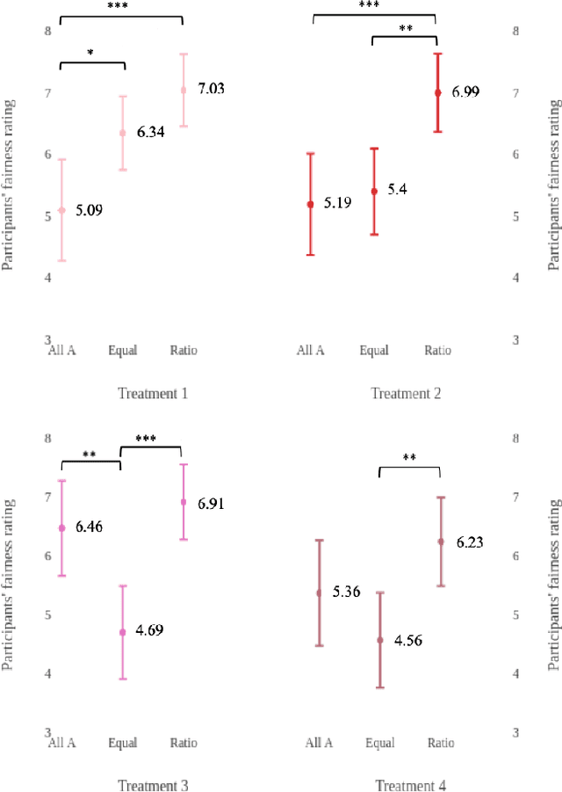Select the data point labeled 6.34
[123, 134]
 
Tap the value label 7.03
[210, 89]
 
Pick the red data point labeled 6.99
[437, 92]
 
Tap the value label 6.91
[211, 504]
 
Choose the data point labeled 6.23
[441, 542]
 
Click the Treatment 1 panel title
[153, 393]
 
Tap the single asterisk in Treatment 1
[91, 54]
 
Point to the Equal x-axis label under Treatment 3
[123, 743]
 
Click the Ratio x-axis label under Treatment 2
[437, 351]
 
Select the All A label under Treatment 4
[319, 743]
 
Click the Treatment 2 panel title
[405, 393]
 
